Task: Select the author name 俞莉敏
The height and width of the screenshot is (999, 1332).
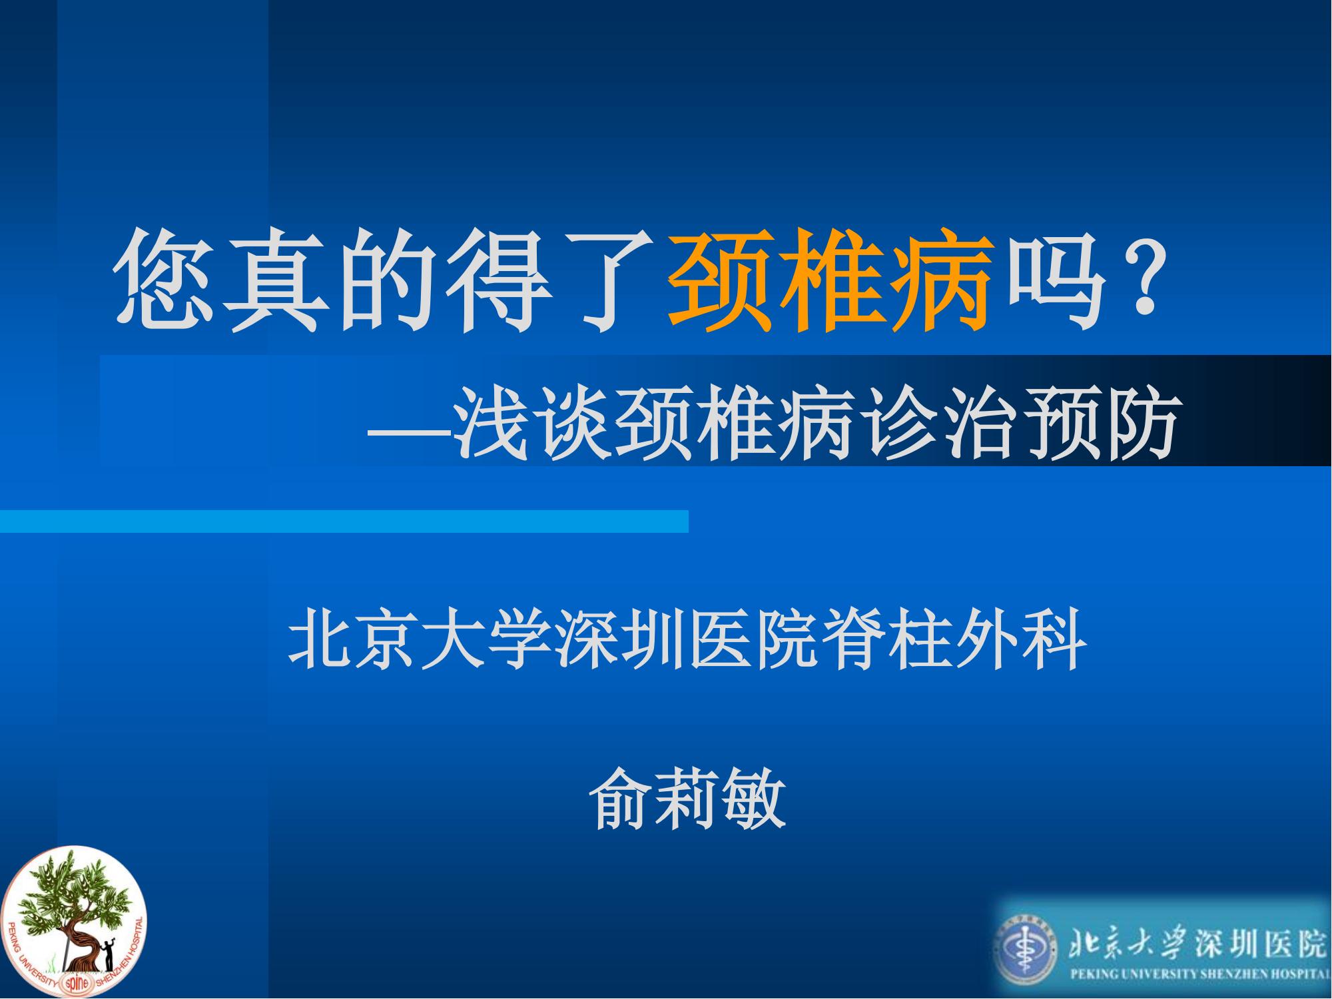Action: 689,797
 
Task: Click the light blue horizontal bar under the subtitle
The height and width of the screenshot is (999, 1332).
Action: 344,521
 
